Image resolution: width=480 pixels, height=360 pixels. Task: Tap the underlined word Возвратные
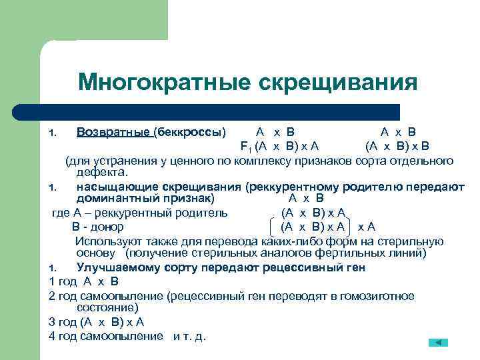tap(113, 131)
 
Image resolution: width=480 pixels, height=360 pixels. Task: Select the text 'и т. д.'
tap(190, 335)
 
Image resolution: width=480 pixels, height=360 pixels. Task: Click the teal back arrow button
tap(437, 341)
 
